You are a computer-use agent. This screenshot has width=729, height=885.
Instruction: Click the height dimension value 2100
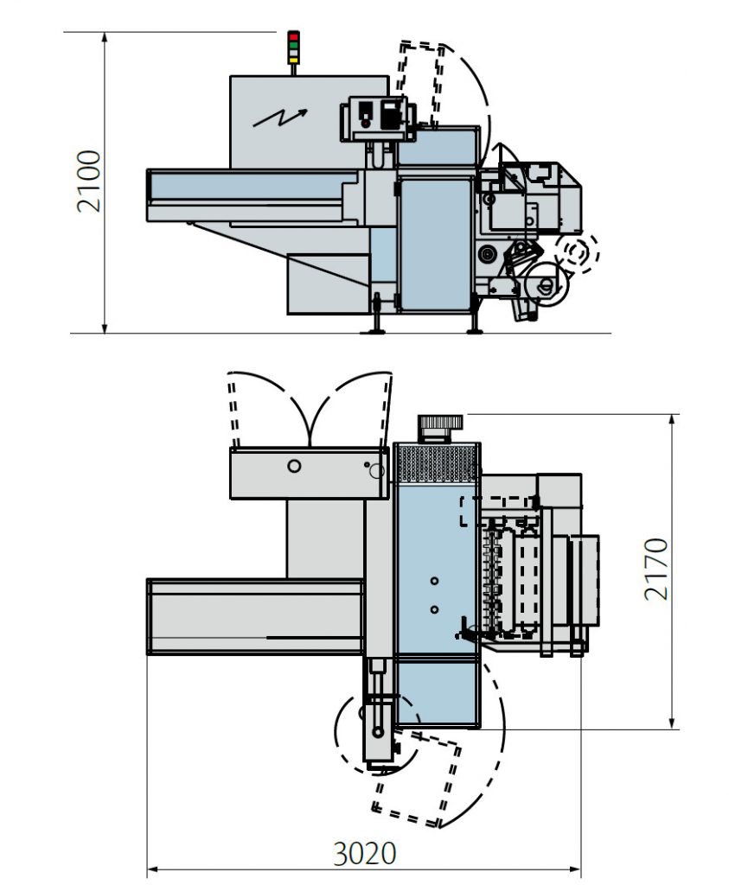coord(89,181)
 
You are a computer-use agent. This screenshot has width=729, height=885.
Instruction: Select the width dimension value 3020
coord(365,854)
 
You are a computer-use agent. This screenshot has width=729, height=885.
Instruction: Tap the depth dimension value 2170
coord(656,569)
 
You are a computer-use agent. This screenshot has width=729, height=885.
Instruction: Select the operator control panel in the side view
coord(378,116)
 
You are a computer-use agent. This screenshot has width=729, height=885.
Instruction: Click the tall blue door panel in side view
coord(436,245)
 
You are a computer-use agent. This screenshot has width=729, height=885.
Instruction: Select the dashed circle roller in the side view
coord(577,252)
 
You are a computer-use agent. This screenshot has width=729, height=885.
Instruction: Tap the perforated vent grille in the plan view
coord(436,464)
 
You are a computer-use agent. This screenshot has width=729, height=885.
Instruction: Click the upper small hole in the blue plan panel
coord(434,580)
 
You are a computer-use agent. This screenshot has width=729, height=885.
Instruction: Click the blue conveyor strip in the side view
coord(246,186)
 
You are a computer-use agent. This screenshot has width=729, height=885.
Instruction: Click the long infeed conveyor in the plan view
coord(255,616)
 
